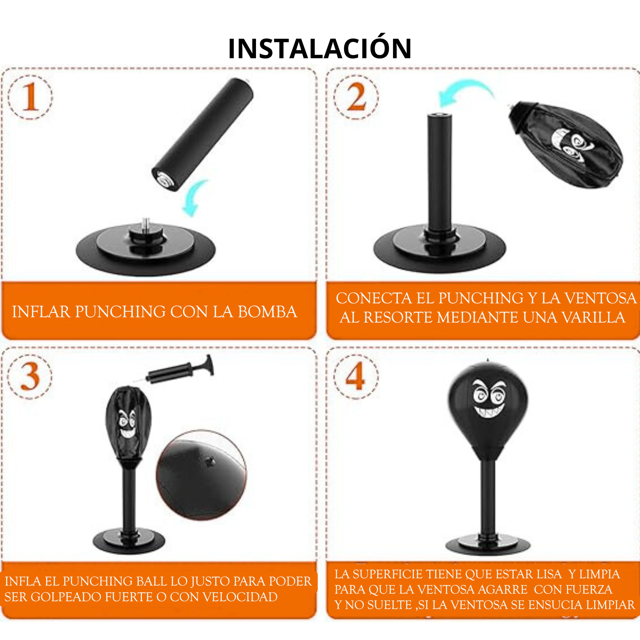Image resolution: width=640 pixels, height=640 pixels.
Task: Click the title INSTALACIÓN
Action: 320,48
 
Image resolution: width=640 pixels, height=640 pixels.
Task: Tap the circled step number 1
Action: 30,97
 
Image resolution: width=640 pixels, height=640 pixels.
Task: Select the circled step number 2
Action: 356,97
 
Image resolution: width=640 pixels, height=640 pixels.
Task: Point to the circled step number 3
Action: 30,377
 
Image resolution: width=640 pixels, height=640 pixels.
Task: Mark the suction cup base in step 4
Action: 488,545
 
